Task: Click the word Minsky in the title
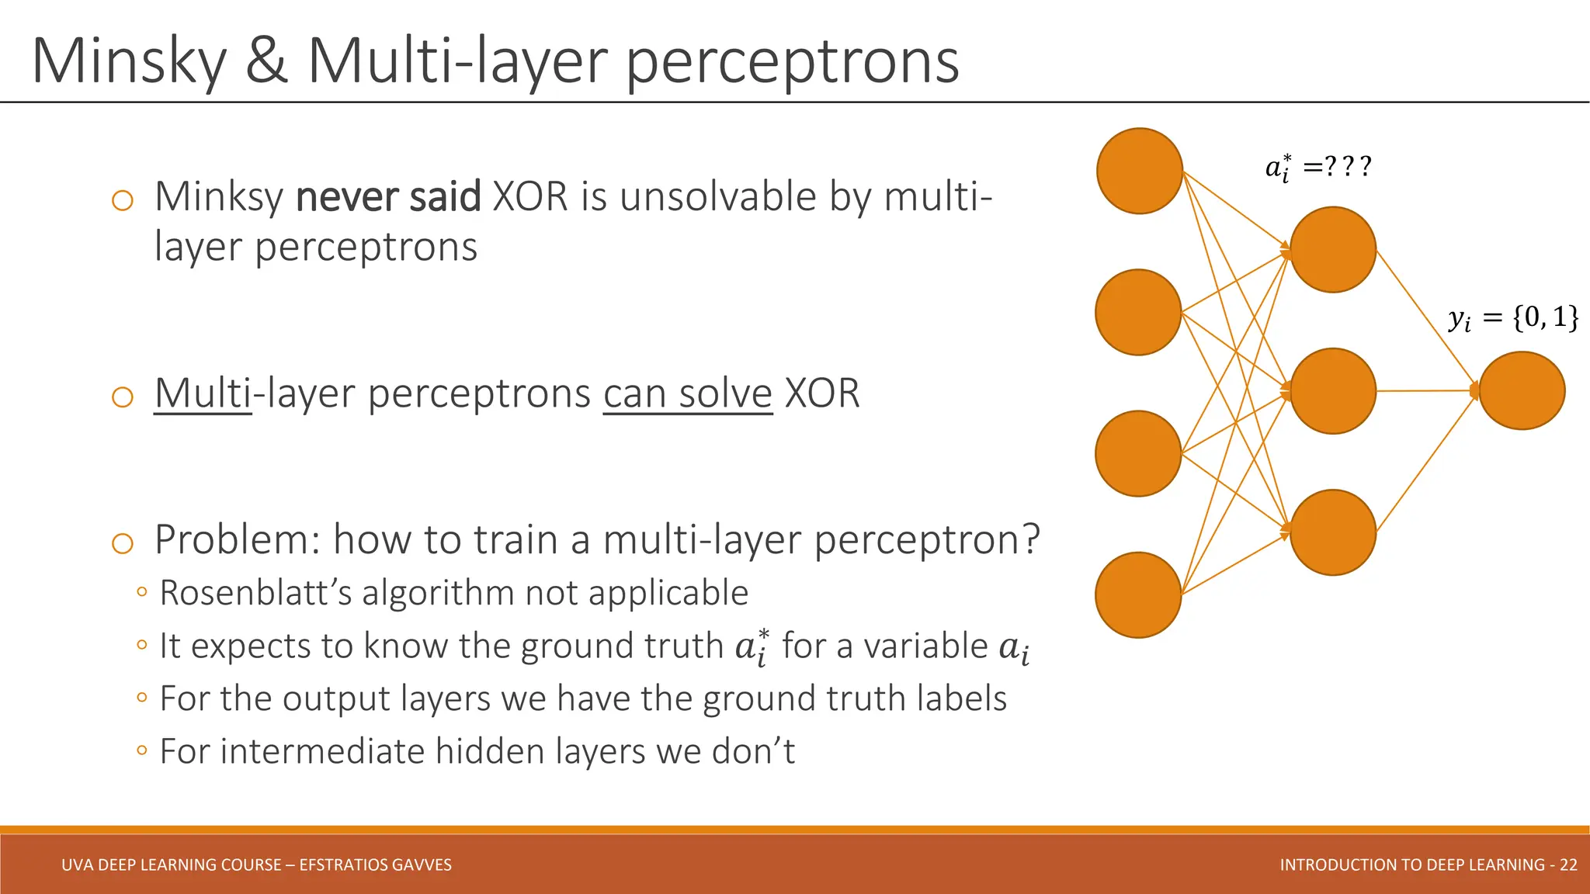[128, 62]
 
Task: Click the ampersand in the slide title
[266, 62]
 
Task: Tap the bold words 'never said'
[388, 197]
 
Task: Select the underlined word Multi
[203, 393]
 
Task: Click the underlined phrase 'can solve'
[687, 393]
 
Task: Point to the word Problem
[236, 539]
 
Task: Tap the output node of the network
[1521, 390]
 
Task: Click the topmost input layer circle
[1139, 171]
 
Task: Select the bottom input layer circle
[1138, 595]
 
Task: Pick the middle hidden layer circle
[1332, 390]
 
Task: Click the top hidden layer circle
[1332, 249]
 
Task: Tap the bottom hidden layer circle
[1332, 532]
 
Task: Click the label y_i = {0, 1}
[1512, 317]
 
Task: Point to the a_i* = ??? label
[1317, 167]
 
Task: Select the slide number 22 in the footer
[1568, 865]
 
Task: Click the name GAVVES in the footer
[423, 865]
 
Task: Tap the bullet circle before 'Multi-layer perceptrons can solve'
[123, 397]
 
